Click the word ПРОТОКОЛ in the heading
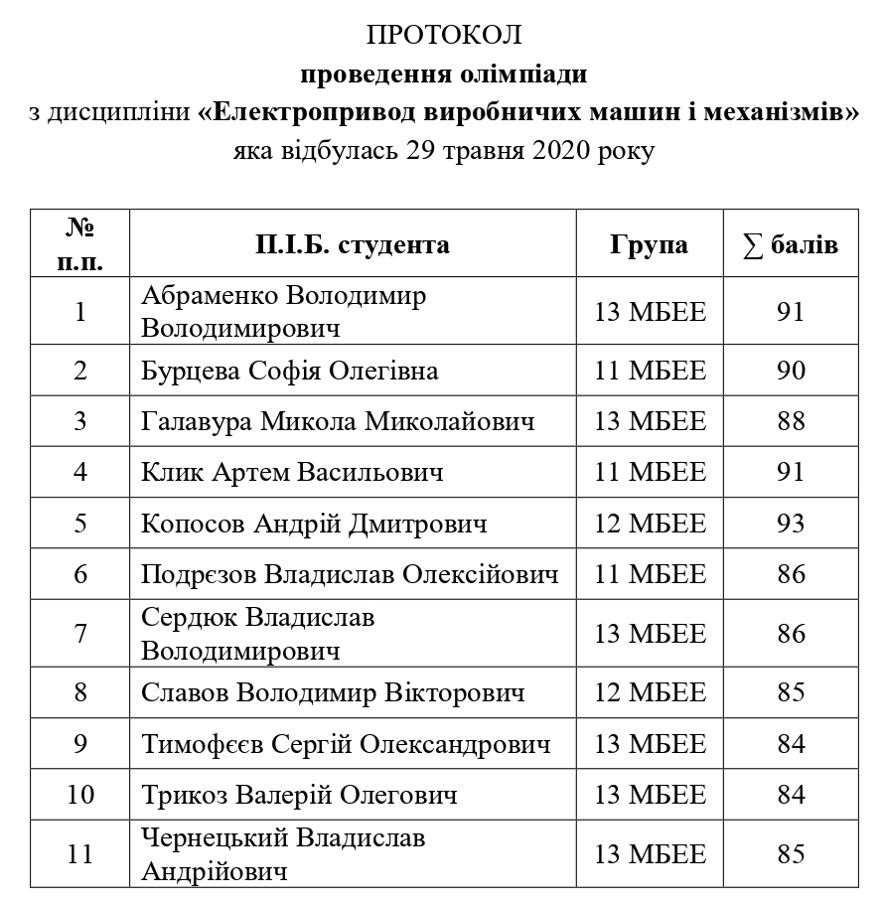click(x=443, y=36)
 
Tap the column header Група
click(x=649, y=244)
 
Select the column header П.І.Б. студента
click(x=353, y=244)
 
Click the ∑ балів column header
click(x=790, y=244)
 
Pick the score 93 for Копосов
click(x=791, y=524)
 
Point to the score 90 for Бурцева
click(x=791, y=371)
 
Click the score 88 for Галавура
click(x=791, y=421)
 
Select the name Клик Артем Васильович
click(x=292, y=473)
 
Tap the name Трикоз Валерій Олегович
click(x=299, y=796)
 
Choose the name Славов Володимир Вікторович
click(x=333, y=692)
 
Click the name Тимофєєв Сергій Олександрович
click(x=346, y=744)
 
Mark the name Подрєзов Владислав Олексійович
click(x=350, y=575)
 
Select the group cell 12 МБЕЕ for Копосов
click(x=650, y=524)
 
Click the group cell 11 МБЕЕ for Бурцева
click(x=650, y=371)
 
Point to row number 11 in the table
click(x=80, y=855)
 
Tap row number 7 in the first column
click(x=80, y=634)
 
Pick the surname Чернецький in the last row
click(x=219, y=838)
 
